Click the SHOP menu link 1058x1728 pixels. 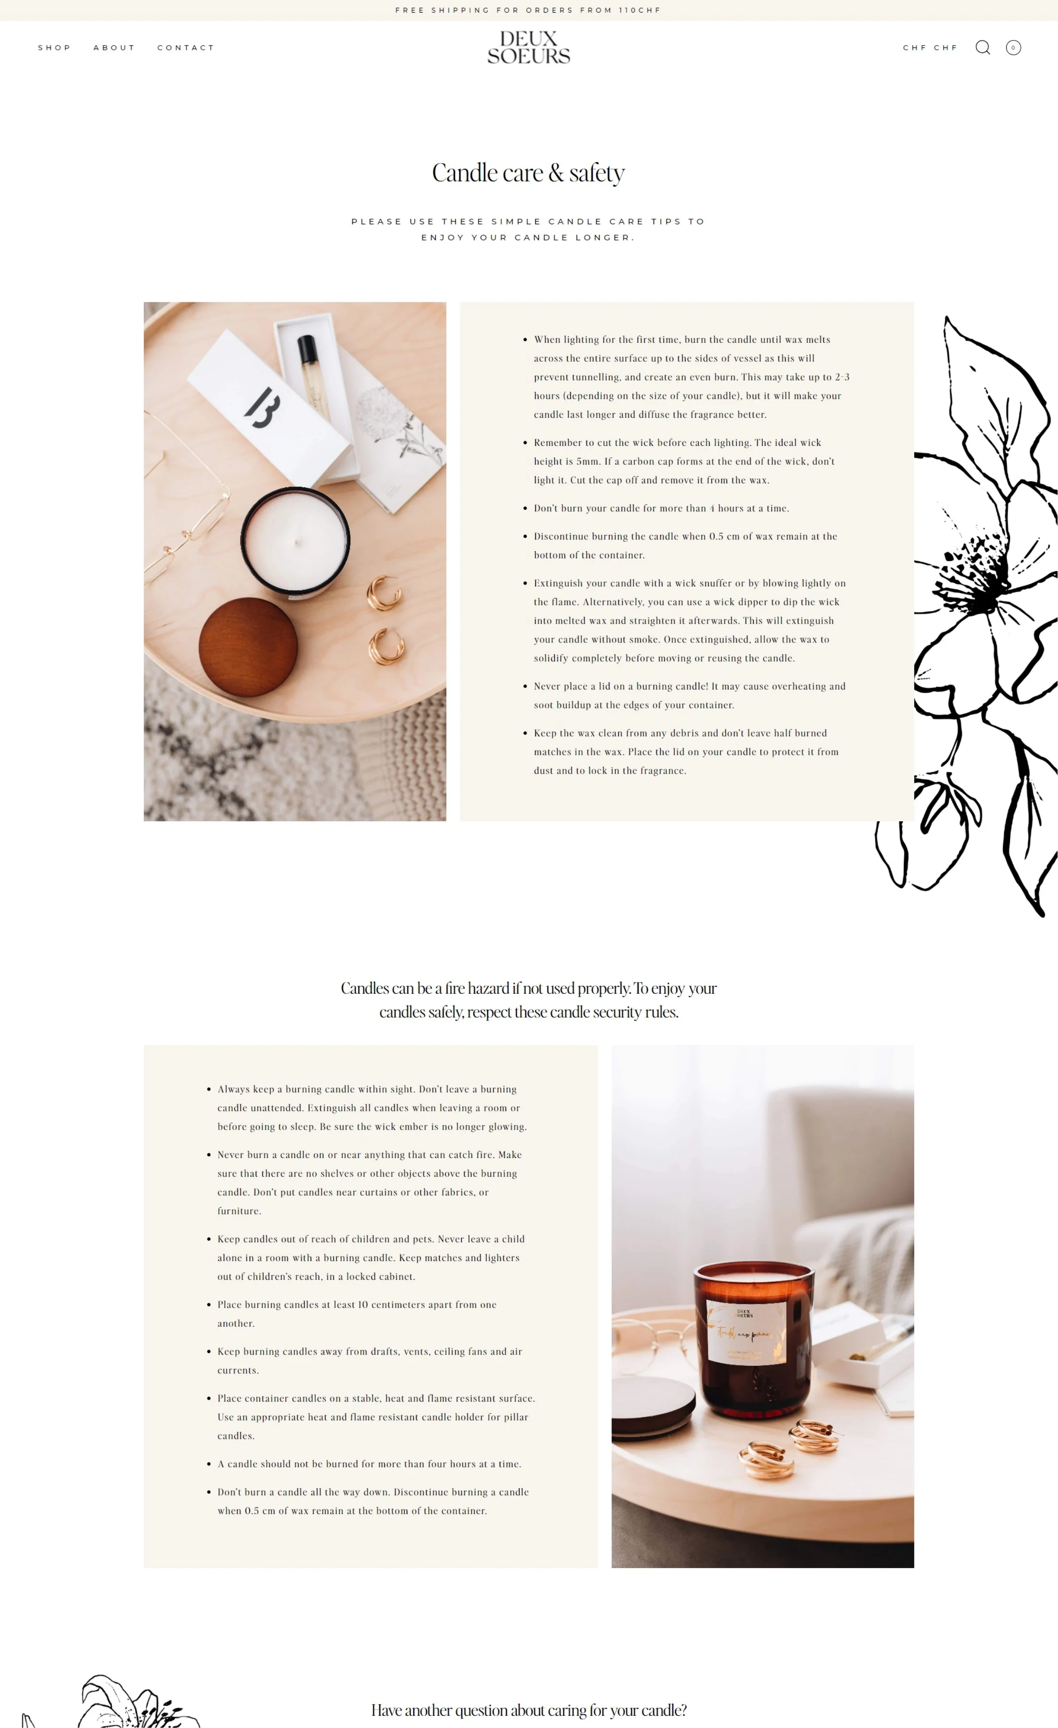[54, 48]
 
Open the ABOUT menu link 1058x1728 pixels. [114, 48]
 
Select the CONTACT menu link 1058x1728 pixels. [185, 48]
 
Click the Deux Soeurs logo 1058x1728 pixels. [529, 47]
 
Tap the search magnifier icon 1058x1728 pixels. [982, 47]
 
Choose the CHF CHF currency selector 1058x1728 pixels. [930, 48]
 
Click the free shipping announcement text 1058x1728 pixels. [528, 10]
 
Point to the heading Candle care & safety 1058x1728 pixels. [528, 173]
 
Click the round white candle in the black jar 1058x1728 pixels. [295, 541]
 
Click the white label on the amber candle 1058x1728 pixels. [746, 1332]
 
